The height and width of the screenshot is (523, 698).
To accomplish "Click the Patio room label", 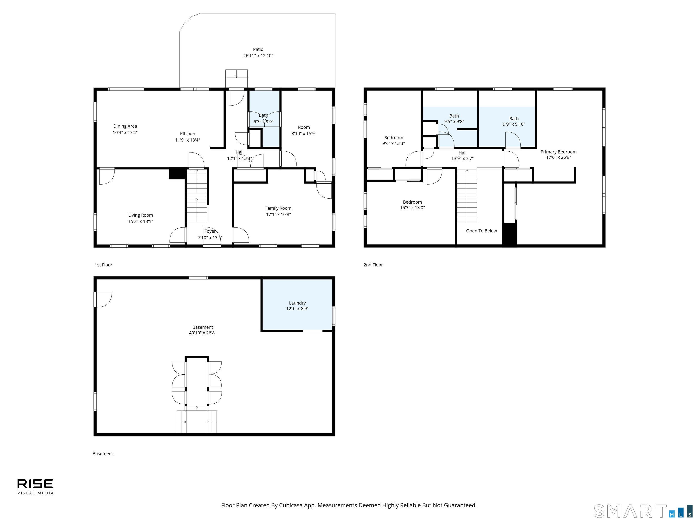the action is point(258,49).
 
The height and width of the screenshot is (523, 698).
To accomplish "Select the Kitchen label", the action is point(187,134).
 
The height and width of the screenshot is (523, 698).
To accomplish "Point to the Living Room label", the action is point(140,215).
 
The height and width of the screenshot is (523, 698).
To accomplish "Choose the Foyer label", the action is point(210,231).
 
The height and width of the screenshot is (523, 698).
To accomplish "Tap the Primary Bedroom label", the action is point(558,152).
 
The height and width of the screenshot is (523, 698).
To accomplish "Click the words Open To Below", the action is point(481,231).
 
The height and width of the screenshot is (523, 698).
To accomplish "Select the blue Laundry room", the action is point(297,305).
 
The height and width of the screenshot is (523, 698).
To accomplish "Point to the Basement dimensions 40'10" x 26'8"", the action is point(203,333).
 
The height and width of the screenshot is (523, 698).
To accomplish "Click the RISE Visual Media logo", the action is point(35,487).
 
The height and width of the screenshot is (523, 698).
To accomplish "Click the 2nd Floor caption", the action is point(373,265).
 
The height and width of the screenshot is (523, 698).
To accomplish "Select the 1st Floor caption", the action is point(104,265).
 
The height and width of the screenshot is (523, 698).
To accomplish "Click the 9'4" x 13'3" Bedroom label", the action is point(394,141).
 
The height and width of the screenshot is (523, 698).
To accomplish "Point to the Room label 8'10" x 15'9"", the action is point(304,131).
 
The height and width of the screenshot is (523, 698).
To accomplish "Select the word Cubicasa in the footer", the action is point(290,505).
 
